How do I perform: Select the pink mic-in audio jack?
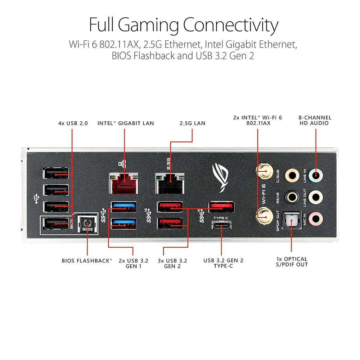[x=316, y=217]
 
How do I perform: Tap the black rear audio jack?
[x=292, y=197]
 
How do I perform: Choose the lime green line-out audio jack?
[x=316, y=197]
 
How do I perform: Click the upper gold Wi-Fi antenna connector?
[x=264, y=169]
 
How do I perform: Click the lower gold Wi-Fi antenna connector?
[x=263, y=217]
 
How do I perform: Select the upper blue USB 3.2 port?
[x=123, y=206]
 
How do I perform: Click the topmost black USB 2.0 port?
[x=56, y=174]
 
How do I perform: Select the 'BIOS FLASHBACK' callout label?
[x=87, y=260]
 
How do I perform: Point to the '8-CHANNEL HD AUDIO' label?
[x=315, y=120]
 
